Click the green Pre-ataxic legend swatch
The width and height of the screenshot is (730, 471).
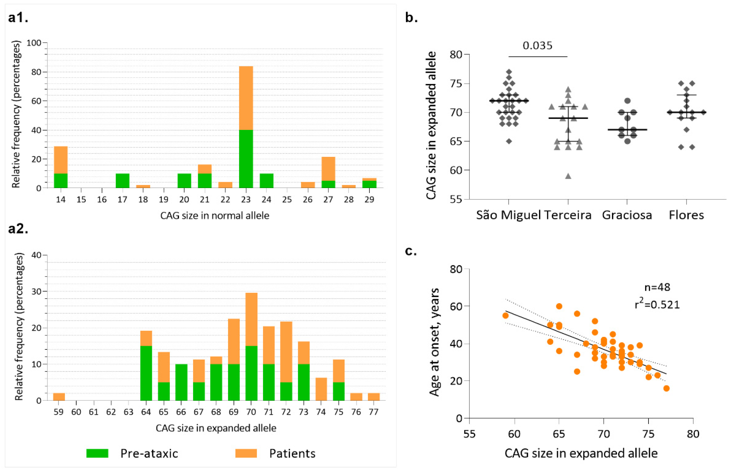[97, 453]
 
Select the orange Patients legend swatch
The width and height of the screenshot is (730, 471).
[246, 453]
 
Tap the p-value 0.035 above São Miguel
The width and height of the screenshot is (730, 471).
[537, 46]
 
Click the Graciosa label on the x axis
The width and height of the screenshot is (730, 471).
[627, 215]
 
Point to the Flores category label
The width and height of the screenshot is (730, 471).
[686, 215]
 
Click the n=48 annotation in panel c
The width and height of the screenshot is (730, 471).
[657, 287]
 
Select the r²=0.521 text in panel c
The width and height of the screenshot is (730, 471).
[657, 305]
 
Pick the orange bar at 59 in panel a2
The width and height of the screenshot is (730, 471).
[59, 397]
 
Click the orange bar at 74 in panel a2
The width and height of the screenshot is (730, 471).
[321, 389]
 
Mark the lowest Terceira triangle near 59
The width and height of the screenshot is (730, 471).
[568, 176]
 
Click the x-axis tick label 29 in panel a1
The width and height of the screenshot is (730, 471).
[369, 200]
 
